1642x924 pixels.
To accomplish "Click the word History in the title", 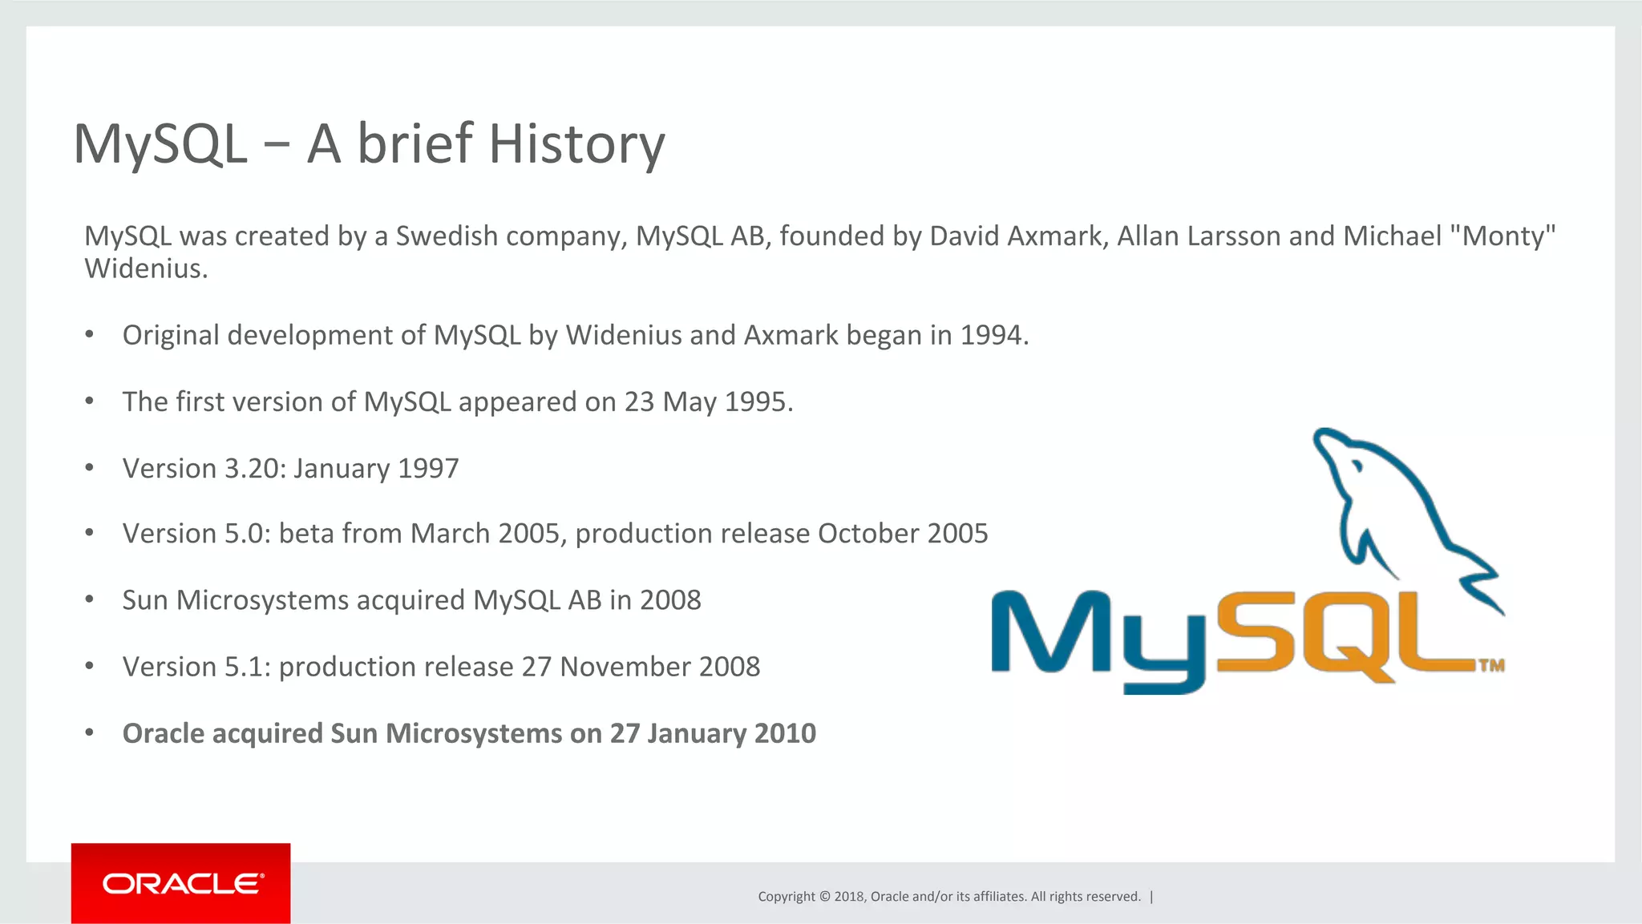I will coord(576,145).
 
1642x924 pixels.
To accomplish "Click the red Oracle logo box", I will coord(180,883).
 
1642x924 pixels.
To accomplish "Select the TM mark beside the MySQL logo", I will coord(1491,665).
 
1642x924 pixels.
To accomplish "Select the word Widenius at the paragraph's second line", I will coord(145,268).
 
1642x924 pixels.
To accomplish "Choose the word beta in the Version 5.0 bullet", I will coord(305,534).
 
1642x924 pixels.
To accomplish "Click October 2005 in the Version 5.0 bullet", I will coord(903,534).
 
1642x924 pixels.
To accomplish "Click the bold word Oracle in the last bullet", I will coord(163,733).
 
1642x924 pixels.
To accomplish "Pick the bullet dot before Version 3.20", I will coord(90,467).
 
